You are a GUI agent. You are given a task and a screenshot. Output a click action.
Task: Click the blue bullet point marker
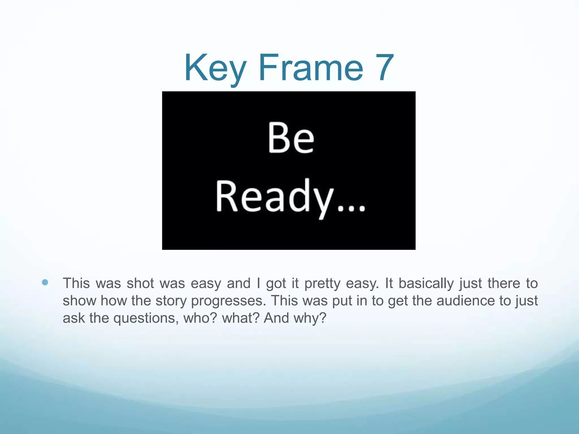[45, 282]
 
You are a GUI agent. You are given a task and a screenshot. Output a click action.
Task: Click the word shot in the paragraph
[140, 283]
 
